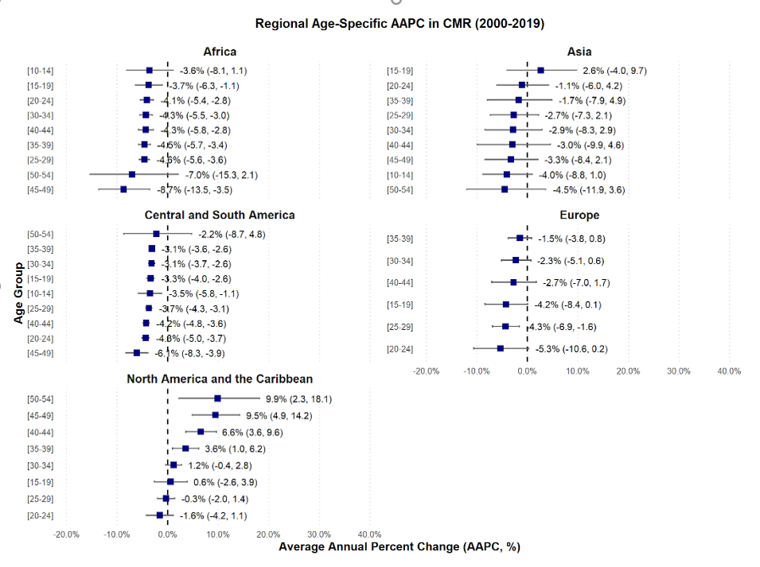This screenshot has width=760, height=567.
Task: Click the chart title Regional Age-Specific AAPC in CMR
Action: click(x=399, y=24)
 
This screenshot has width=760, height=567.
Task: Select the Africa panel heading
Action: click(x=219, y=52)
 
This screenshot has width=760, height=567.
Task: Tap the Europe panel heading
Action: click(x=579, y=215)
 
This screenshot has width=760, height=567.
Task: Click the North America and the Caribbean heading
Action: click(x=220, y=379)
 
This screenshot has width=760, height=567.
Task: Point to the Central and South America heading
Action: click(x=220, y=215)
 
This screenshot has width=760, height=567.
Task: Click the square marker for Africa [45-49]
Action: click(x=123, y=189)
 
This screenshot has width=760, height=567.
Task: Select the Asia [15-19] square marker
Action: click(x=540, y=71)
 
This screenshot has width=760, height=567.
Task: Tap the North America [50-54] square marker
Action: click(x=217, y=398)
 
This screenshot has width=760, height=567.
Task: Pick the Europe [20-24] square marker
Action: click(x=501, y=348)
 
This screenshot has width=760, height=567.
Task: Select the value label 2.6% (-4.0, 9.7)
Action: click(x=614, y=71)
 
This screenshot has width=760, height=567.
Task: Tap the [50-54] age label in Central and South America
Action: click(x=40, y=234)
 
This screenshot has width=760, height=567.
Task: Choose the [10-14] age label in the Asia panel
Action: click(x=399, y=175)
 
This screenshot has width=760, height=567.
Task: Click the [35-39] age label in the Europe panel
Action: click(x=399, y=239)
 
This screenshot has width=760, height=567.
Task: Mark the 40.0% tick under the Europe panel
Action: click(x=729, y=371)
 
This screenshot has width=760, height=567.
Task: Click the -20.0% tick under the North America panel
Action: click(x=66, y=534)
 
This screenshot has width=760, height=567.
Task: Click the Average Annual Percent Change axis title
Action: click(x=399, y=547)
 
